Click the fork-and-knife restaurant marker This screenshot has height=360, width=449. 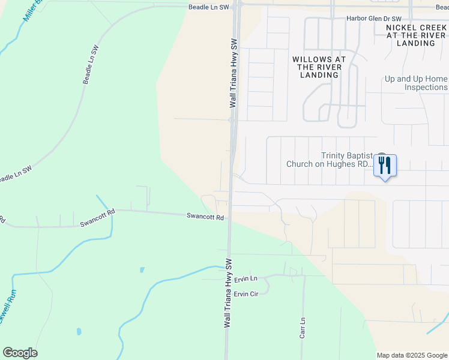[x=384, y=164]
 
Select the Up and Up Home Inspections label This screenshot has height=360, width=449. [x=416, y=83]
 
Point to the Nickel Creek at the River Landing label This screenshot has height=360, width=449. [x=416, y=35]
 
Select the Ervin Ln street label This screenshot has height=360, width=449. [x=246, y=279]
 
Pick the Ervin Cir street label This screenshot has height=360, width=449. [x=246, y=294]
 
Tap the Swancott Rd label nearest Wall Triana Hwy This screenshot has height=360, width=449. [x=205, y=217]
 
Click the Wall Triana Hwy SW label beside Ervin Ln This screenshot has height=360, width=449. [x=228, y=293]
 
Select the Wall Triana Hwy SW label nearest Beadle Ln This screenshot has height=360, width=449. [x=234, y=74]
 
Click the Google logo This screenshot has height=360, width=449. [x=20, y=353]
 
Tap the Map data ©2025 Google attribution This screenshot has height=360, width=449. [x=412, y=355]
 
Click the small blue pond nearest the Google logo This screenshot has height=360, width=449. [x=79, y=331]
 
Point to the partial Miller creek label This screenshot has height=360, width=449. [x=33, y=11]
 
